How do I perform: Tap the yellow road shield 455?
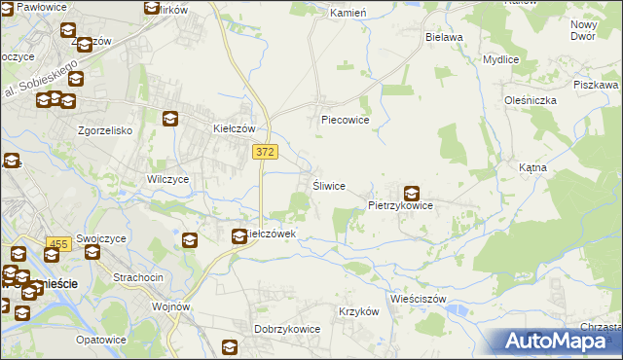tap(58, 244)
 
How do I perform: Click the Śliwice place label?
tap(328, 186)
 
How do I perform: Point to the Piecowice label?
tap(345, 121)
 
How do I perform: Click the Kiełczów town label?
tap(234, 128)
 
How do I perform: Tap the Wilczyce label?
tap(166, 180)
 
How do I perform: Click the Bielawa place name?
tap(444, 37)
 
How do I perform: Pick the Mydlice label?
tap(500, 58)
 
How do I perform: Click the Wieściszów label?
tap(416, 298)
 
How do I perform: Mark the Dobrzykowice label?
tap(287, 329)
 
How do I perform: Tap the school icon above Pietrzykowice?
tap(412, 193)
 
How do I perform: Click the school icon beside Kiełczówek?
tap(238, 234)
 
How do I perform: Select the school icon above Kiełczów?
tap(170, 119)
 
